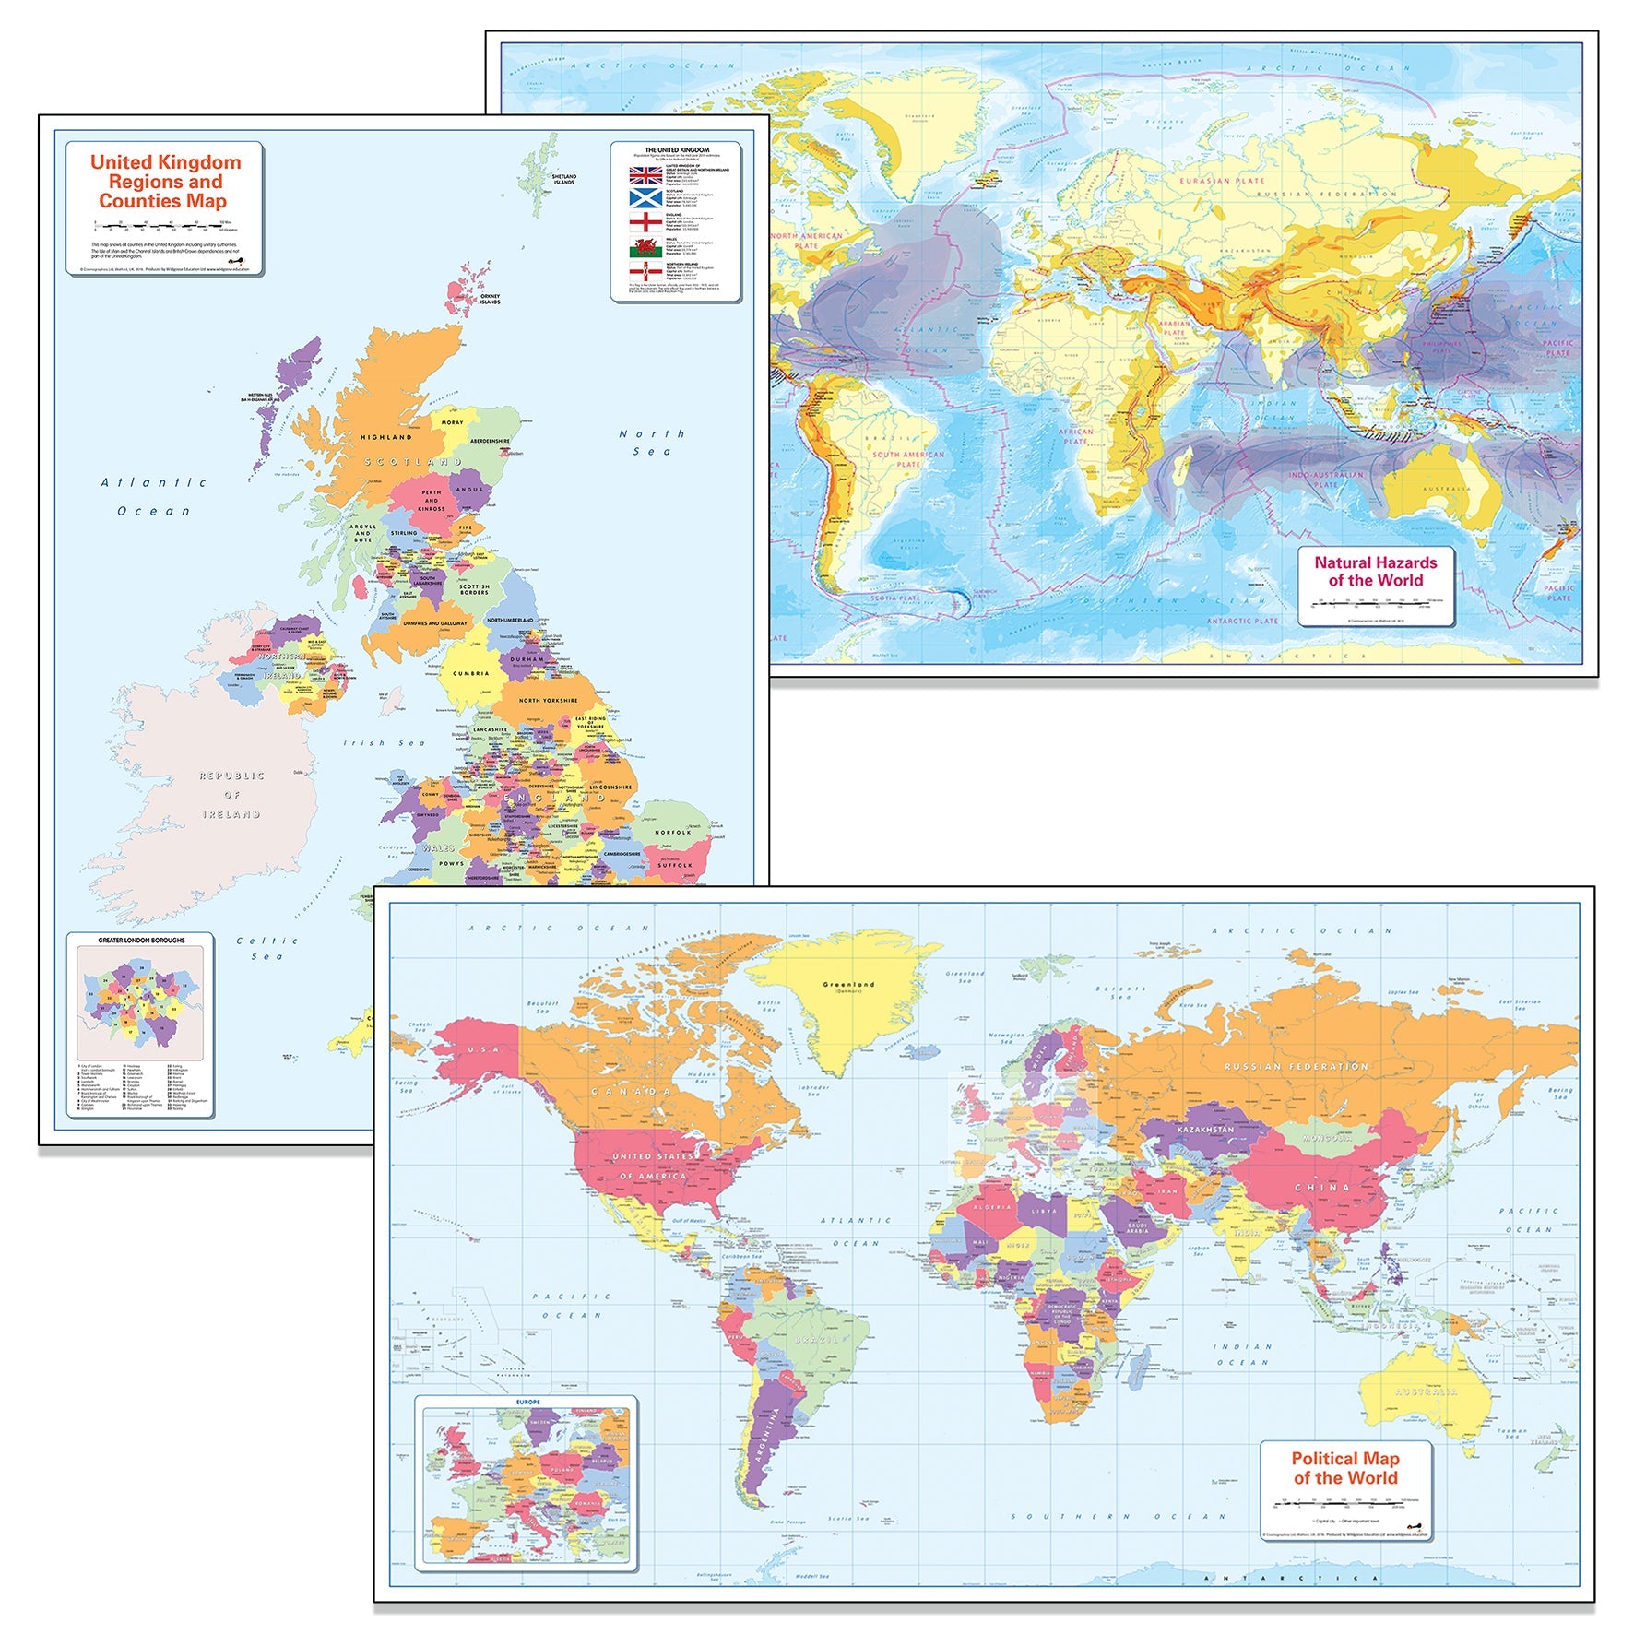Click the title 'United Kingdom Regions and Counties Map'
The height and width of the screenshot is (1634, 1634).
164,182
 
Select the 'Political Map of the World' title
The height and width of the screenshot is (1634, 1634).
1344,1467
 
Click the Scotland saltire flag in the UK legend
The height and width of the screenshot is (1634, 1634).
645,198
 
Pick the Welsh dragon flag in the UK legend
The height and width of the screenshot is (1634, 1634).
645,247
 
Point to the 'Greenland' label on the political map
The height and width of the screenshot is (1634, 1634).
848,985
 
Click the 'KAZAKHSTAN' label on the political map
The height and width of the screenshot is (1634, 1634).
1205,1130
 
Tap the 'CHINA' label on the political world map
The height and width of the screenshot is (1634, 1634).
1322,1188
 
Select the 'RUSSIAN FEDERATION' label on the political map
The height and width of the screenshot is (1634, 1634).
1296,1066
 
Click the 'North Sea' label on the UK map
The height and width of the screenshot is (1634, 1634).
652,442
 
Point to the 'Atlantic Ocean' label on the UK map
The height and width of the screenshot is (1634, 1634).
154,496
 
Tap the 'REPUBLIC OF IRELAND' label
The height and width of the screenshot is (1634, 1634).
231,795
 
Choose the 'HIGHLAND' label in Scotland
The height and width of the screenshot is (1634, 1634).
385,437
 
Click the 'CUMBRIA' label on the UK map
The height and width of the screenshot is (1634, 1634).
471,673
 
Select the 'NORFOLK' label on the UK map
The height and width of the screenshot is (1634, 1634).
672,832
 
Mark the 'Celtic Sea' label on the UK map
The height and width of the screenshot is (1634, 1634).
267,948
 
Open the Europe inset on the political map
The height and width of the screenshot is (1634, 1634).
527,1484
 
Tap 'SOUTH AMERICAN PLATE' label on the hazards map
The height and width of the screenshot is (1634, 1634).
908,458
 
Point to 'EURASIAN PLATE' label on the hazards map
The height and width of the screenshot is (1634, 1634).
1222,181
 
